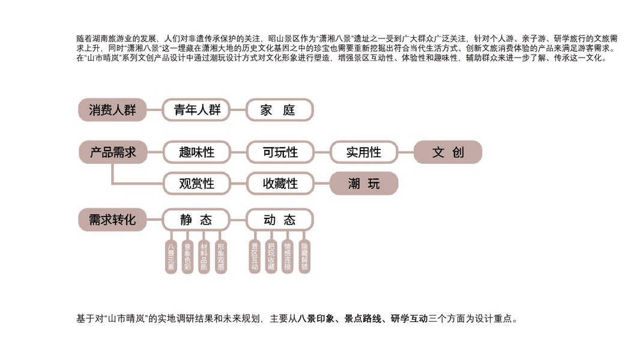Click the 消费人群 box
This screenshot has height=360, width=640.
click(112, 110)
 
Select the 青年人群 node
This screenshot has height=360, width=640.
click(196, 110)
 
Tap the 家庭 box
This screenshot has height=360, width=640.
click(280, 110)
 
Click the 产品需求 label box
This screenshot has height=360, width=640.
click(112, 152)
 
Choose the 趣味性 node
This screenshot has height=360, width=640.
click(196, 152)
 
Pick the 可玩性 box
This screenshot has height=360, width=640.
click(280, 152)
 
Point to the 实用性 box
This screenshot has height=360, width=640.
click(364, 152)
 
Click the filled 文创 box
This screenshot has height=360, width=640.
click(448, 152)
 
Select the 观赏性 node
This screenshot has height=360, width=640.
click(196, 184)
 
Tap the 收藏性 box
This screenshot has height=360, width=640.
click(280, 184)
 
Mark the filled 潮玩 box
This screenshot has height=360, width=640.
click(364, 184)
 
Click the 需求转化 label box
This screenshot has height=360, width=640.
click(112, 220)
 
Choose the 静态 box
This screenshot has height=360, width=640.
click(196, 220)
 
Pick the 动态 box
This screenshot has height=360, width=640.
click(280, 220)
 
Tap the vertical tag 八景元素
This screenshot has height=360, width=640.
click(171, 257)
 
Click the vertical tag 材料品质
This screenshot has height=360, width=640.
click(204, 257)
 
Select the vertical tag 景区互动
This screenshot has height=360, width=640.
click(255, 257)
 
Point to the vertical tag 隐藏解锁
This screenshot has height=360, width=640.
click(305, 257)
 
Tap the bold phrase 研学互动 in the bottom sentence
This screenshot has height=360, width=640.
click(409, 319)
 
